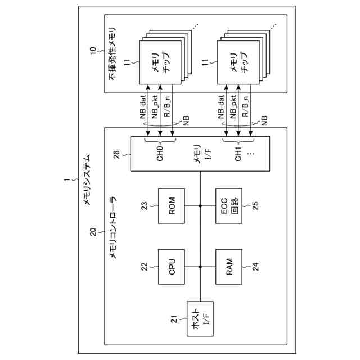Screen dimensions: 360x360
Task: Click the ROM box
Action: point(173,206)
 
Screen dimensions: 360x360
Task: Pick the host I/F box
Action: point(200,318)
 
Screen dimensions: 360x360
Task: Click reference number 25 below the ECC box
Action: point(255,206)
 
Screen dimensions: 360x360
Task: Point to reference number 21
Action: point(175,319)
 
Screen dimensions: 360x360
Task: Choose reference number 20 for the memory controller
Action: point(93,232)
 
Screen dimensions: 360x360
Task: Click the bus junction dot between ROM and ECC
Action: point(201,206)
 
